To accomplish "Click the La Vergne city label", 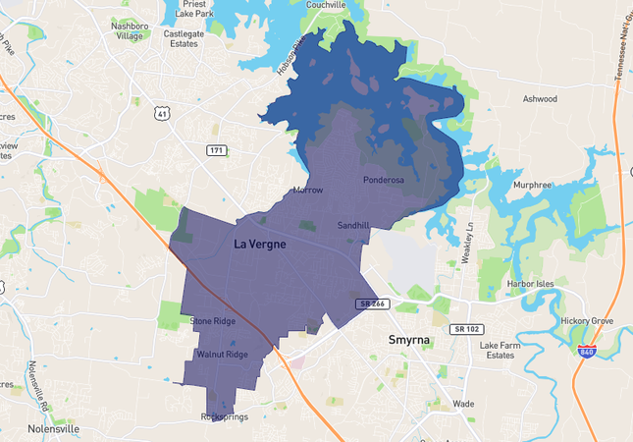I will [x=260, y=244].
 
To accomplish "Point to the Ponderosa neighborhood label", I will [x=384, y=180].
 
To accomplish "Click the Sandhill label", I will [x=353, y=225].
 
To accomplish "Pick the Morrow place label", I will [x=307, y=190].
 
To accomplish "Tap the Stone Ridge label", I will [x=213, y=321].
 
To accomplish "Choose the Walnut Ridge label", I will [x=222, y=354].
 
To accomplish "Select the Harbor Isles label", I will [x=530, y=284].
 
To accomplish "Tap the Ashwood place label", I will [x=540, y=99].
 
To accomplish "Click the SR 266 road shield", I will [x=373, y=304].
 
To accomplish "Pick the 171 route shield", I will [x=217, y=149].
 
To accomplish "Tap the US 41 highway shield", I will [x=161, y=114].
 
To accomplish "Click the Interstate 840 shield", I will [x=586, y=351].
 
